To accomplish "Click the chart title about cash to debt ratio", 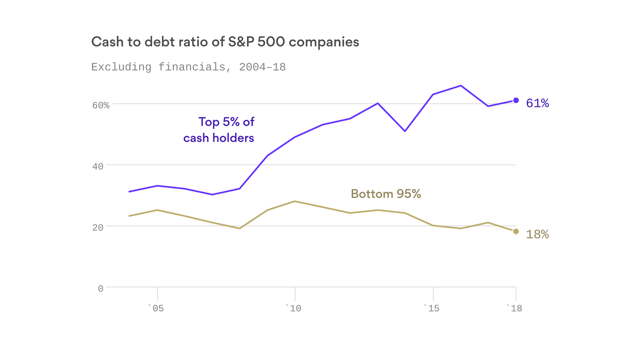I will pyautogui.click(x=225, y=42).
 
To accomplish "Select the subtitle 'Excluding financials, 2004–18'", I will pyautogui.click(x=188, y=67).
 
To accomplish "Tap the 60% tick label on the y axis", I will pyautogui.click(x=100, y=105).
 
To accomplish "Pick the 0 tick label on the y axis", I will pyautogui.click(x=100, y=289).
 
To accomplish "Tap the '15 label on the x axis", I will pyautogui.click(x=432, y=308).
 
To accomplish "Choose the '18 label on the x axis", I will pyautogui.click(x=514, y=308).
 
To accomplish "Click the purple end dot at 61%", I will pyautogui.click(x=516, y=100).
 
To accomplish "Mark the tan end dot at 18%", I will pyautogui.click(x=516, y=231).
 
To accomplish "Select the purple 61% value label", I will pyautogui.click(x=537, y=103).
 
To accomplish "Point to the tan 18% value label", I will pyautogui.click(x=537, y=234).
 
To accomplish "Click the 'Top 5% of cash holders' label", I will pyautogui.click(x=219, y=130).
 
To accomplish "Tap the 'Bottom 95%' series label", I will pyautogui.click(x=386, y=194).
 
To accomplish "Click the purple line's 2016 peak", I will pyautogui.click(x=461, y=86).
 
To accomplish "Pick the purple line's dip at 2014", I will pyautogui.click(x=405, y=131).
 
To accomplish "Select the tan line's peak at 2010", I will pyautogui.click(x=295, y=201).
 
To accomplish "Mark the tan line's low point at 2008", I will pyautogui.click(x=239, y=228).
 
